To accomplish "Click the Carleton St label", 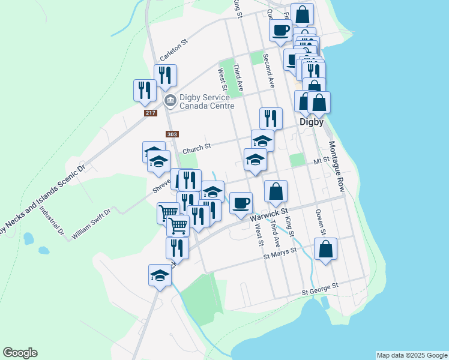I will point(173,50).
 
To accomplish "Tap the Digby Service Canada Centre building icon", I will point(170,99).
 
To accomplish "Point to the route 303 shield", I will point(170,134).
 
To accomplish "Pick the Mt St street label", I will point(322,161).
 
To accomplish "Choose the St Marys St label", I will point(280,254).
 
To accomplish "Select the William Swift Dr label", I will point(91,224).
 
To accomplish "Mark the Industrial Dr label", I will point(52,220).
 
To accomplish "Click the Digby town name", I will point(312,122).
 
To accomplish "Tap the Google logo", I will point(20,353).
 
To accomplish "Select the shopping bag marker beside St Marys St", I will point(325,250).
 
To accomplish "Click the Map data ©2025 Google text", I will point(411,355).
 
